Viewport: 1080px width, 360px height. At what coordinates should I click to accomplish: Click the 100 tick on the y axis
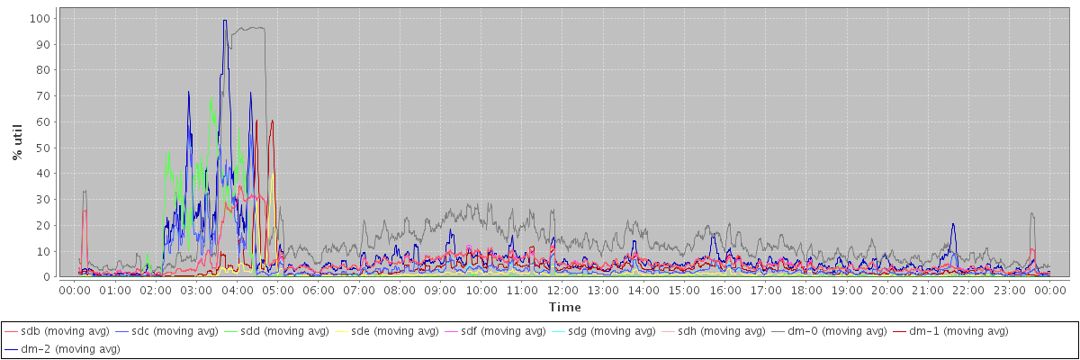40,18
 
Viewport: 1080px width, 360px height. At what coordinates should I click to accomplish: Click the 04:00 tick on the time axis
237,291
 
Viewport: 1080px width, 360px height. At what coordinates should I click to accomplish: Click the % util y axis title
18,141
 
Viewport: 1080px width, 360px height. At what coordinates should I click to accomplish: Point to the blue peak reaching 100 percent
225,21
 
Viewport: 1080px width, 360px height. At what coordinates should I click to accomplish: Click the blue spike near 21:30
952,225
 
